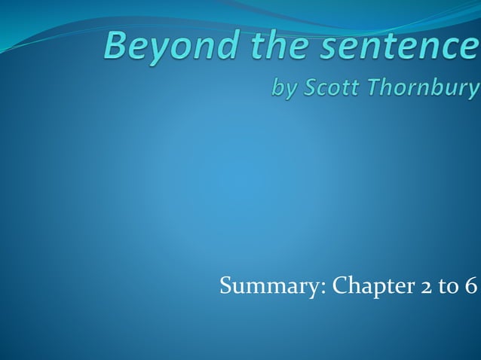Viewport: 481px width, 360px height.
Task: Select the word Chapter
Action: click(361, 286)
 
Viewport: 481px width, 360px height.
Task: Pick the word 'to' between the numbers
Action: click(441, 286)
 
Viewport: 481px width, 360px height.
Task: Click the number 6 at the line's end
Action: click(471, 286)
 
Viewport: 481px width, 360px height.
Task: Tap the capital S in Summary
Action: click(225, 286)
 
